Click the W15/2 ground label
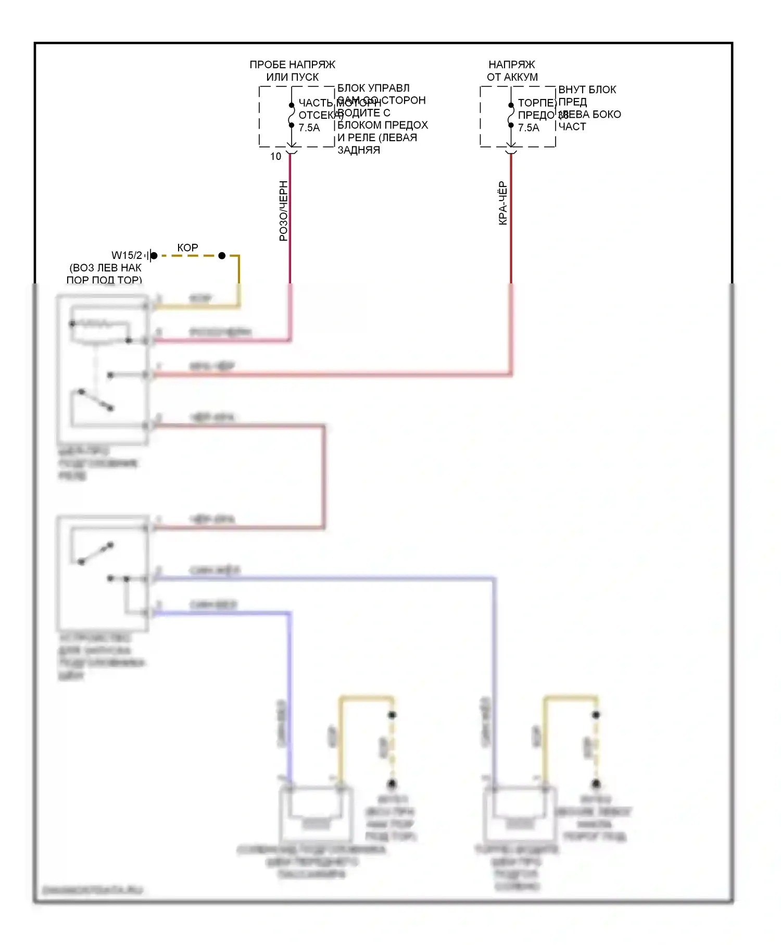tap(127, 255)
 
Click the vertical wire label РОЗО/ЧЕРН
tap(283, 211)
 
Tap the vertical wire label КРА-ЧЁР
tap(502, 203)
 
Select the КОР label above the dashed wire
tap(187, 247)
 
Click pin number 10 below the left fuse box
tap(275, 156)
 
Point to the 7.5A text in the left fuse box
tap(309, 128)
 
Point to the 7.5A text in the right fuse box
tap(528, 128)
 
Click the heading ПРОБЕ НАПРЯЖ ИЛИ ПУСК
tap(292, 71)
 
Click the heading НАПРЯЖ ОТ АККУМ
tap(512, 71)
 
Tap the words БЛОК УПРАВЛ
tap(373, 88)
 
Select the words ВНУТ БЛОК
tap(587, 90)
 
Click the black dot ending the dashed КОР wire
tap(222, 256)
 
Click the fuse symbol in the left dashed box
tap(292, 115)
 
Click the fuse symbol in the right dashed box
tap(511, 115)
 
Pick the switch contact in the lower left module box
tap(96, 553)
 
